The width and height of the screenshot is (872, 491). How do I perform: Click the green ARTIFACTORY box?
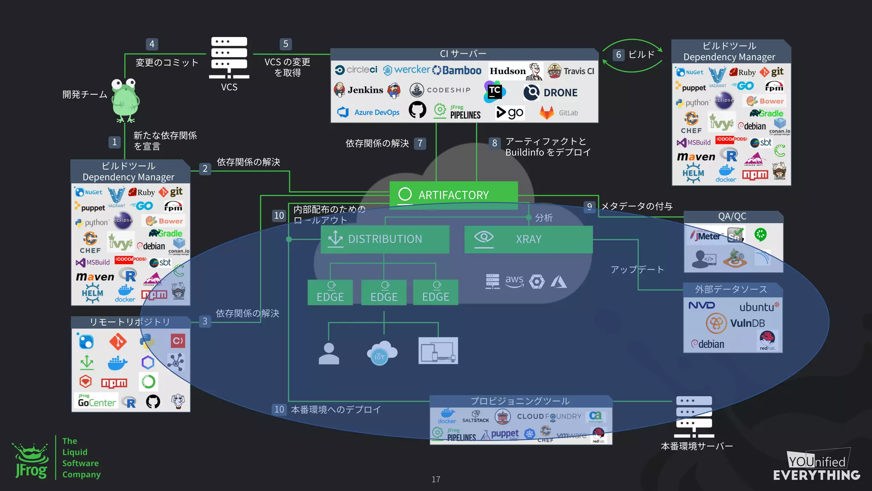tap(453, 195)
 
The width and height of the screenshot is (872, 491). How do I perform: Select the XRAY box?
tap(528, 239)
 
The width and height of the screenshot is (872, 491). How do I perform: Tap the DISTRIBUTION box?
tap(385, 239)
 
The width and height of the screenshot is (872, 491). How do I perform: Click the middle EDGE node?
tap(384, 292)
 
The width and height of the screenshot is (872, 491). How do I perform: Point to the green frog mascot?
tap(125, 100)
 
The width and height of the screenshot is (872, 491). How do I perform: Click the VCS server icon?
tap(229, 58)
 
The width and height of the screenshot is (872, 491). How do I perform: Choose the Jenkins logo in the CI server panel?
tap(365, 90)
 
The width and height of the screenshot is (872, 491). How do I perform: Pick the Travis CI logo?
tap(571, 71)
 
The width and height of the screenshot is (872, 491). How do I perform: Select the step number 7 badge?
tap(420, 143)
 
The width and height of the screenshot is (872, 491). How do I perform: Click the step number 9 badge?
tap(589, 207)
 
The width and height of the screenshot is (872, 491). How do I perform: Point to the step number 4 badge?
tap(152, 44)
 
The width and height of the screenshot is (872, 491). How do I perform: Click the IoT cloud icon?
tap(382, 352)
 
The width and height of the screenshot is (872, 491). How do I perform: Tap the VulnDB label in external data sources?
tap(747, 323)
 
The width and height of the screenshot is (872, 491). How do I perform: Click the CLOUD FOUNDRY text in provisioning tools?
tap(549, 416)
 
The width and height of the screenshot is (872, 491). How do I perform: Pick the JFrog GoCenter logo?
tap(97, 401)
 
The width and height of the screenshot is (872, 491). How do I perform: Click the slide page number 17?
tap(436, 479)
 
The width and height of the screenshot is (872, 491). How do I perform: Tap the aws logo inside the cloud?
tap(514, 280)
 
